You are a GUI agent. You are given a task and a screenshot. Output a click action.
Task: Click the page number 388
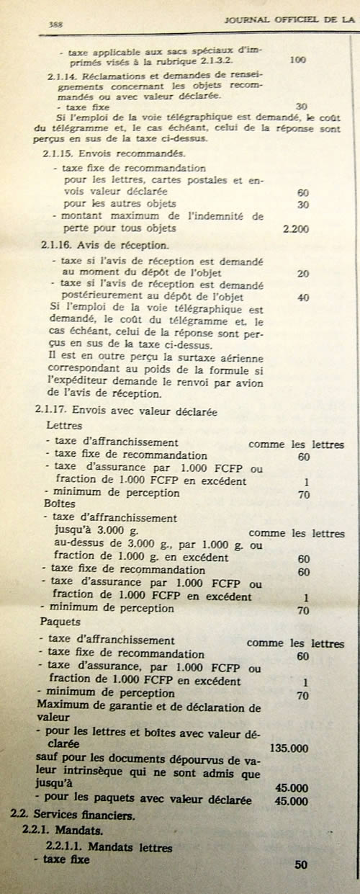[53, 24]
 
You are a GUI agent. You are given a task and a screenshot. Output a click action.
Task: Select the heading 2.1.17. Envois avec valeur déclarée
[126, 410]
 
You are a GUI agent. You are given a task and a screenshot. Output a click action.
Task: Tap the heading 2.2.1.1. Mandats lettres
[109, 847]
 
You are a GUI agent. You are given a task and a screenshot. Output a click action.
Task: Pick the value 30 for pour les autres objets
[303, 205]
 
